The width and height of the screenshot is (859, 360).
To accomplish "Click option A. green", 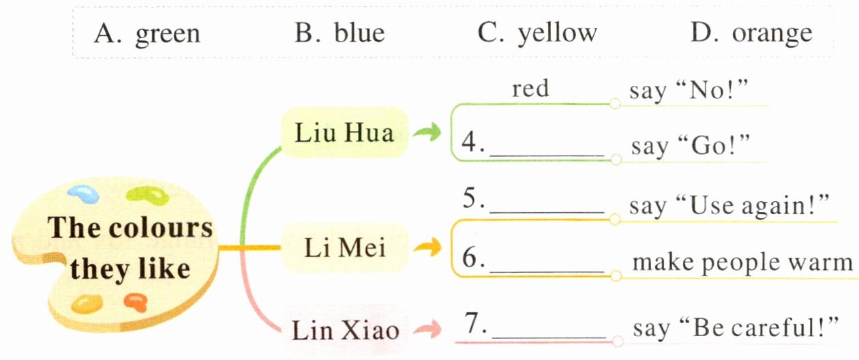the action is click(147, 33).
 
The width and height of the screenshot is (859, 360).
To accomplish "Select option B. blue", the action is click(340, 33).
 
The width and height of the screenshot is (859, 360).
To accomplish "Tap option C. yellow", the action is click(537, 33).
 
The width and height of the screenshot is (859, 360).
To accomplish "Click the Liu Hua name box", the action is click(344, 132).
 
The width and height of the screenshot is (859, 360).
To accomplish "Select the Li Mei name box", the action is click(344, 247).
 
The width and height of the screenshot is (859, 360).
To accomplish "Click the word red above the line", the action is click(530, 89).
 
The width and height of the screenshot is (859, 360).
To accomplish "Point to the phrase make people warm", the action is click(742, 263).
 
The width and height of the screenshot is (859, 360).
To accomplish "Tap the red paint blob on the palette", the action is click(135, 301).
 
